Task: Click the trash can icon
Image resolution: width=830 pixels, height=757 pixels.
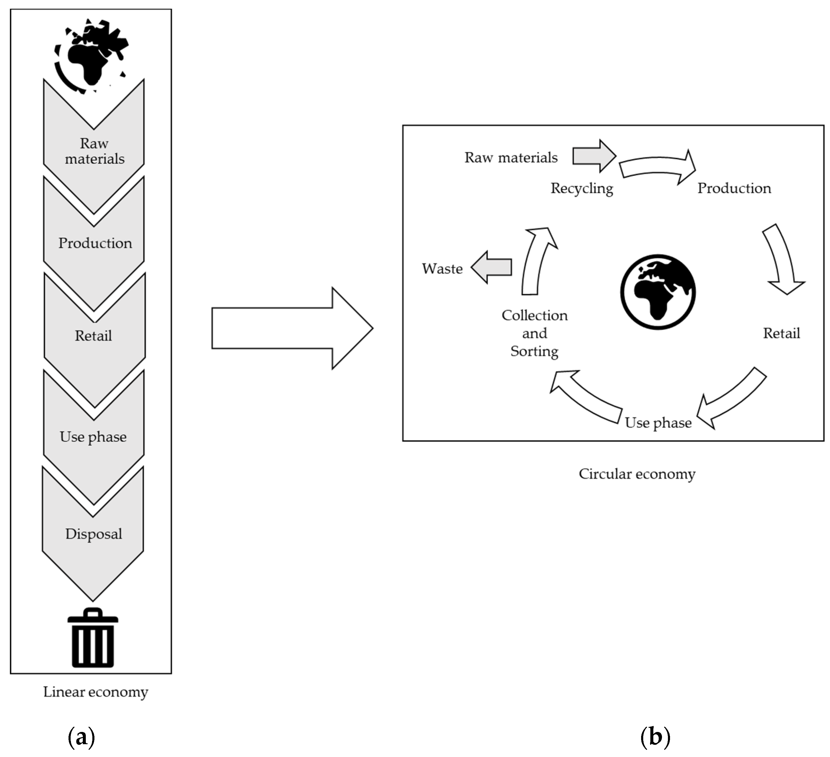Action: pyautogui.click(x=93, y=638)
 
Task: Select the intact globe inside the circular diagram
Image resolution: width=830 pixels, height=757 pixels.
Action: pyautogui.click(x=658, y=292)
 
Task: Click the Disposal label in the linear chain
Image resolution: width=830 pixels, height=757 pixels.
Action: pyautogui.click(x=94, y=534)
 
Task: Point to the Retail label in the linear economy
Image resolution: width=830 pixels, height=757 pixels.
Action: pyautogui.click(x=94, y=336)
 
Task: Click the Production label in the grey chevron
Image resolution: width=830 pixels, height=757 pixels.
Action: pyautogui.click(x=95, y=243)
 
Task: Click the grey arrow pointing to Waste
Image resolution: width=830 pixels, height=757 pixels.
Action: pyautogui.click(x=492, y=267)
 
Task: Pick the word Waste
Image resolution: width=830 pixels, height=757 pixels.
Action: pyautogui.click(x=442, y=269)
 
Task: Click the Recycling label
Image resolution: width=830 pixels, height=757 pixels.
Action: pyautogui.click(x=582, y=188)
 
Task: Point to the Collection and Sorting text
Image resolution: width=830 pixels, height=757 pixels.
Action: pyautogui.click(x=534, y=333)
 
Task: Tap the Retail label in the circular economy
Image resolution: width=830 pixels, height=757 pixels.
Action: pyautogui.click(x=781, y=333)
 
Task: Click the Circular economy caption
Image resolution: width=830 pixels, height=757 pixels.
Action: pyautogui.click(x=637, y=474)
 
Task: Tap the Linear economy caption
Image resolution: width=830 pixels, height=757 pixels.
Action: pyautogui.click(x=96, y=692)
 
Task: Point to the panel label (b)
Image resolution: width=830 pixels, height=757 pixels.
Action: pyautogui.click(x=655, y=737)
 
